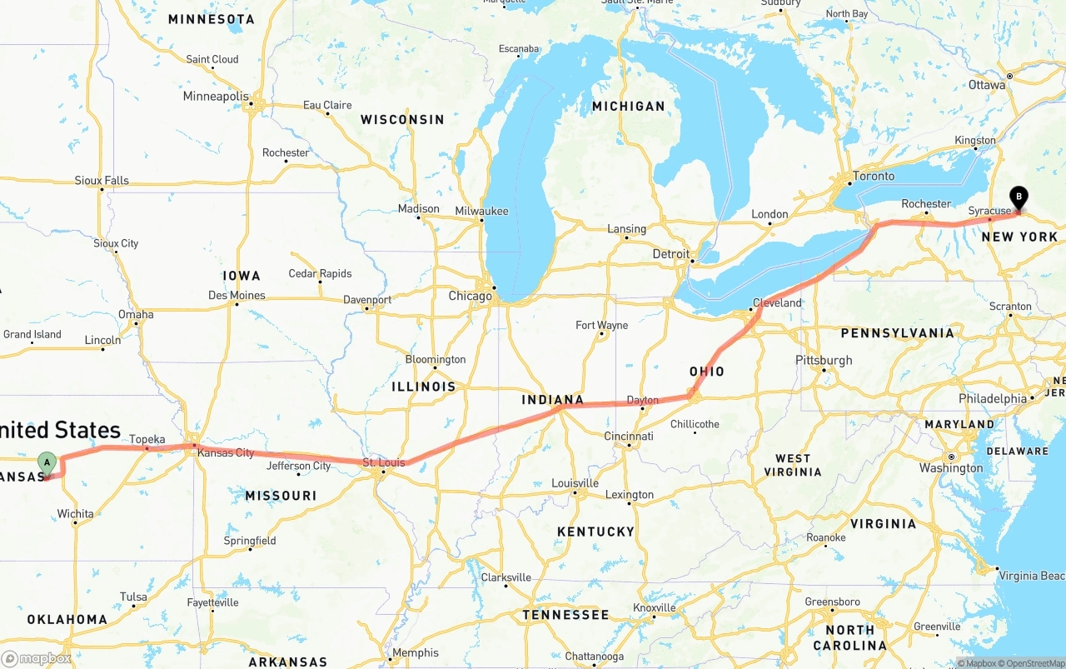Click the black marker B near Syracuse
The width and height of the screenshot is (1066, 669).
pos(1018,197)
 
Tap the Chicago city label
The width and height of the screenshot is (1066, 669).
pos(471,296)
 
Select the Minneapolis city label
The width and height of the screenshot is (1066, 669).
pos(216,97)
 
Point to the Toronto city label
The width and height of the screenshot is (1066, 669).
pos(873,176)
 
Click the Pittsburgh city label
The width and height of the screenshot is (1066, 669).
pos(824,360)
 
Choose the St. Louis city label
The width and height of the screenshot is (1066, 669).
pos(384,462)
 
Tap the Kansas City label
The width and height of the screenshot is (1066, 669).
pos(226,452)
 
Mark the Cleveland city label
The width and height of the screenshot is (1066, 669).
pos(777,302)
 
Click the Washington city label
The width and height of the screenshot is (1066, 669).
pos(951,468)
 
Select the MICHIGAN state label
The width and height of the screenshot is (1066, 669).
pos(629,106)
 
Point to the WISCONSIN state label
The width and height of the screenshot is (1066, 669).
pos(402,120)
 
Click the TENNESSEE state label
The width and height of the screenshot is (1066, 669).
pos(566,615)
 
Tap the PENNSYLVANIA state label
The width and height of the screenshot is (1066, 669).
pos(898,333)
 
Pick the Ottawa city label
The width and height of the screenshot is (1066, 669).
pos(987,85)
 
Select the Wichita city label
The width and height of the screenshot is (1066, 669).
pos(75,513)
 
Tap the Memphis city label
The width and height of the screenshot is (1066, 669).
pos(416,653)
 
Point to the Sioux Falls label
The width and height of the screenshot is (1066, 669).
pos(102,180)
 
